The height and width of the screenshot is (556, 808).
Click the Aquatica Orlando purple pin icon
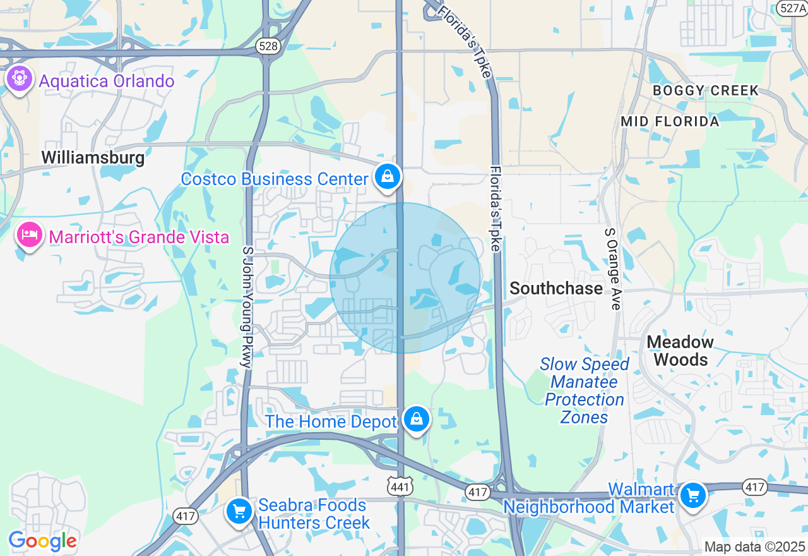coord(20,79)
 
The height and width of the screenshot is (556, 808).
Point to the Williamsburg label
coord(93,157)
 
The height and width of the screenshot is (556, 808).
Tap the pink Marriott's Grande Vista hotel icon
coord(29,235)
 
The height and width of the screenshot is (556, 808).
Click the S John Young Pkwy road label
coord(246,307)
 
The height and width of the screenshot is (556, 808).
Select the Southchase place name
coord(556,289)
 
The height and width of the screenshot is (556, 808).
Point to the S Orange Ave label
coord(612,269)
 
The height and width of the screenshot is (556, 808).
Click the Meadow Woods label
coord(680,351)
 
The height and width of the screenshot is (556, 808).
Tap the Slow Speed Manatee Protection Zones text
coord(585,390)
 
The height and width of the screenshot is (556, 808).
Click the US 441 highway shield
coord(400,485)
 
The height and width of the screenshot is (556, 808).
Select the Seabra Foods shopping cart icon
coord(239,511)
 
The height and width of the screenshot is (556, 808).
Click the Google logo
coord(42,541)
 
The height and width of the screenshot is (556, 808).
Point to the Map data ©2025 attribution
coord(754,547)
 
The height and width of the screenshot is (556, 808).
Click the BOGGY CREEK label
coord(706,90)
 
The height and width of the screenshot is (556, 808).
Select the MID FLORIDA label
coord(670,121)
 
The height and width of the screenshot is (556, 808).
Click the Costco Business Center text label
coord(275,179)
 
